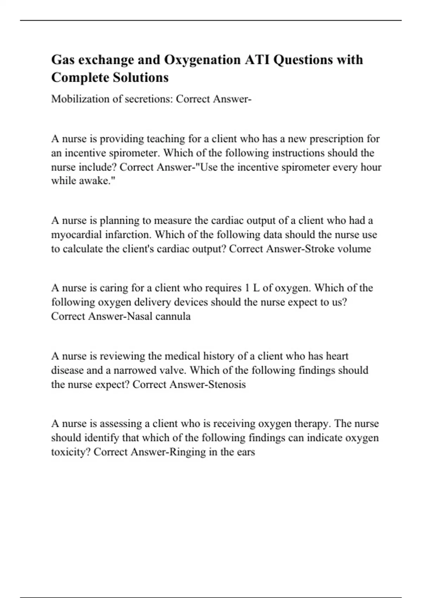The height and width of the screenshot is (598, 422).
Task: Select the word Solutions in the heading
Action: point(140,77)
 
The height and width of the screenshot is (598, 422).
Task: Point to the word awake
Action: point(96,181)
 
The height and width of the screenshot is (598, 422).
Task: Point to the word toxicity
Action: point(71,452)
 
